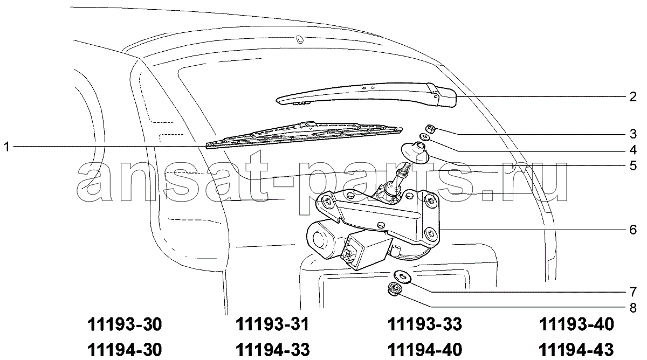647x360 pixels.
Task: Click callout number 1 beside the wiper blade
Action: [7, 147]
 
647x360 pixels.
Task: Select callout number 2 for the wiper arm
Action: [633, 96]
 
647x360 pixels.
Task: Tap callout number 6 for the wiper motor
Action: [633, 230]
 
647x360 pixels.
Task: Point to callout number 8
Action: [633, 308]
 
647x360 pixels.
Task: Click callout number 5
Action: [633, 165]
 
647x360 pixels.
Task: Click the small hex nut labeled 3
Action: [431, 128]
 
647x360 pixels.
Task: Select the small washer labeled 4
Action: [424, 137]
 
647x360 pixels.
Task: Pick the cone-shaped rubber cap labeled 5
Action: [415, 153]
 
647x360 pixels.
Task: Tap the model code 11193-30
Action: [125, 324]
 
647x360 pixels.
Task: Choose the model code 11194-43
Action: [576, 350]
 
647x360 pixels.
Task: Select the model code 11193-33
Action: [425, 324]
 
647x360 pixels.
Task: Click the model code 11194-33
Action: [273, 350]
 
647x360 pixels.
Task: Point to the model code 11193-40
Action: [576, 324]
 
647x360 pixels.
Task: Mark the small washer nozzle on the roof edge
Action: [300, 39]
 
